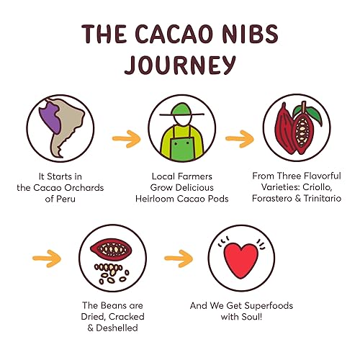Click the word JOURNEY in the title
tap(179, 63)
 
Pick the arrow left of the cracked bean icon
tap(48, 255)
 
